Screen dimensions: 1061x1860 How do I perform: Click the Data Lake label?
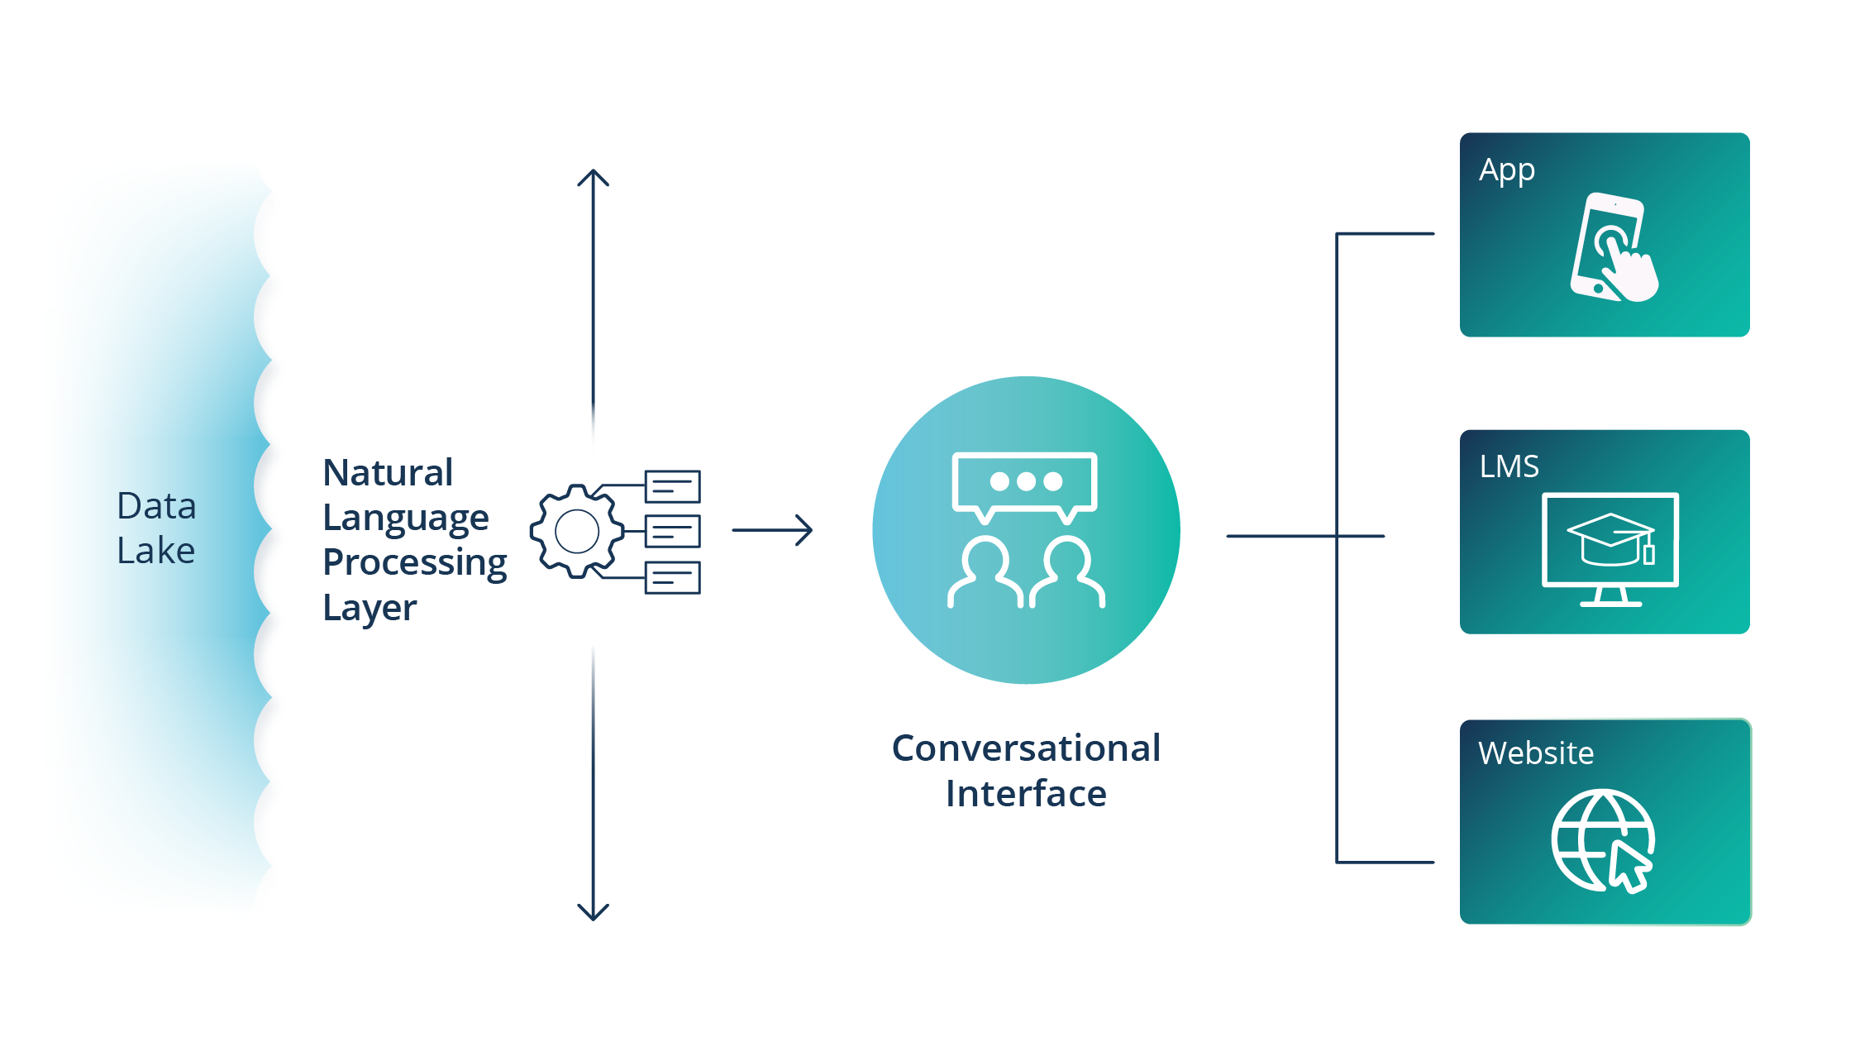coord(156,528)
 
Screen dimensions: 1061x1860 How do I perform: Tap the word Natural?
coord(388,473)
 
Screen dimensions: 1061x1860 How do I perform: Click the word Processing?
coord(414,562)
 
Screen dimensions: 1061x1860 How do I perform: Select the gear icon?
coord(577,531)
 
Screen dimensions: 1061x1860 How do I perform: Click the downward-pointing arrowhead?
coord(593,911)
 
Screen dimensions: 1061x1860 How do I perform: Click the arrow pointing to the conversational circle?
coord(772,530)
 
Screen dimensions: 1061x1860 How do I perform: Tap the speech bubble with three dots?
coord(1025,484)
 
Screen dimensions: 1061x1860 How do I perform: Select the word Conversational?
coord(1026,748)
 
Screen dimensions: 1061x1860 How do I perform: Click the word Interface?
coord(1026,794)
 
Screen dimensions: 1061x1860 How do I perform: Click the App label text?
coord(1507,170)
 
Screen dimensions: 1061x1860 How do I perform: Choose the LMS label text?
coord(1509,466)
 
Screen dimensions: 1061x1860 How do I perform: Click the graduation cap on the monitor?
coord(1610,539)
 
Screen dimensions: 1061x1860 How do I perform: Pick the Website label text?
coord(1536,753)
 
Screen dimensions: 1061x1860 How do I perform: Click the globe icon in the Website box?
coord(1602,840)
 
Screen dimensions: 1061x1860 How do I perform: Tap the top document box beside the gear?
coord(673,486)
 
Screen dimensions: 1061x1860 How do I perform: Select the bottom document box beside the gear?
coord(673,577)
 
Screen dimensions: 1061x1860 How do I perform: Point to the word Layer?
coord(370,608)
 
